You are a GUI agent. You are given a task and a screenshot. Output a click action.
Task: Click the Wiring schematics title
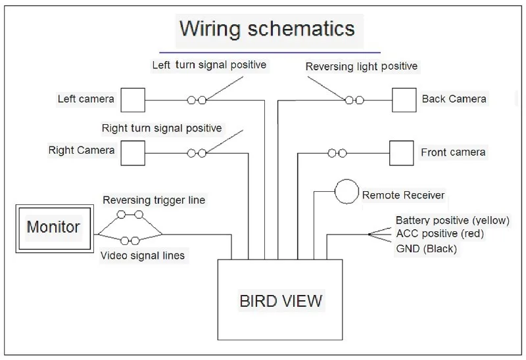267,28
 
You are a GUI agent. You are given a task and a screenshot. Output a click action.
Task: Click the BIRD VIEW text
281,301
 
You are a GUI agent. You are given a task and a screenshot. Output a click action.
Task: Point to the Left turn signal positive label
209,64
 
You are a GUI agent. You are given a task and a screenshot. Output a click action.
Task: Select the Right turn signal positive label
162,128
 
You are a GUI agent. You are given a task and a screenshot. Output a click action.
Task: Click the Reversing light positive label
361,66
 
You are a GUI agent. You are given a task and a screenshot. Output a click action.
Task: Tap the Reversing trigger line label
154,200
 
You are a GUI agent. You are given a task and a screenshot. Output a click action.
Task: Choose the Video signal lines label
143,256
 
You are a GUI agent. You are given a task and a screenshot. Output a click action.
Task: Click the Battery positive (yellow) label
452,220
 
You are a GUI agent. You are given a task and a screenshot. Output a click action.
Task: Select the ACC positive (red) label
440,233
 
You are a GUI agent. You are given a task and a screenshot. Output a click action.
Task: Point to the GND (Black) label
426,249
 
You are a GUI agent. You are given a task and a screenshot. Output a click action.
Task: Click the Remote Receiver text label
403,195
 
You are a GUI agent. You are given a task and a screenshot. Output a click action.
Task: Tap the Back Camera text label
454,99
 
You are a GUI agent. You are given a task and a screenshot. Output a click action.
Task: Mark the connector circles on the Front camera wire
337,153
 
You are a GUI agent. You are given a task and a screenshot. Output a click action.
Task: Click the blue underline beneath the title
270,53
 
